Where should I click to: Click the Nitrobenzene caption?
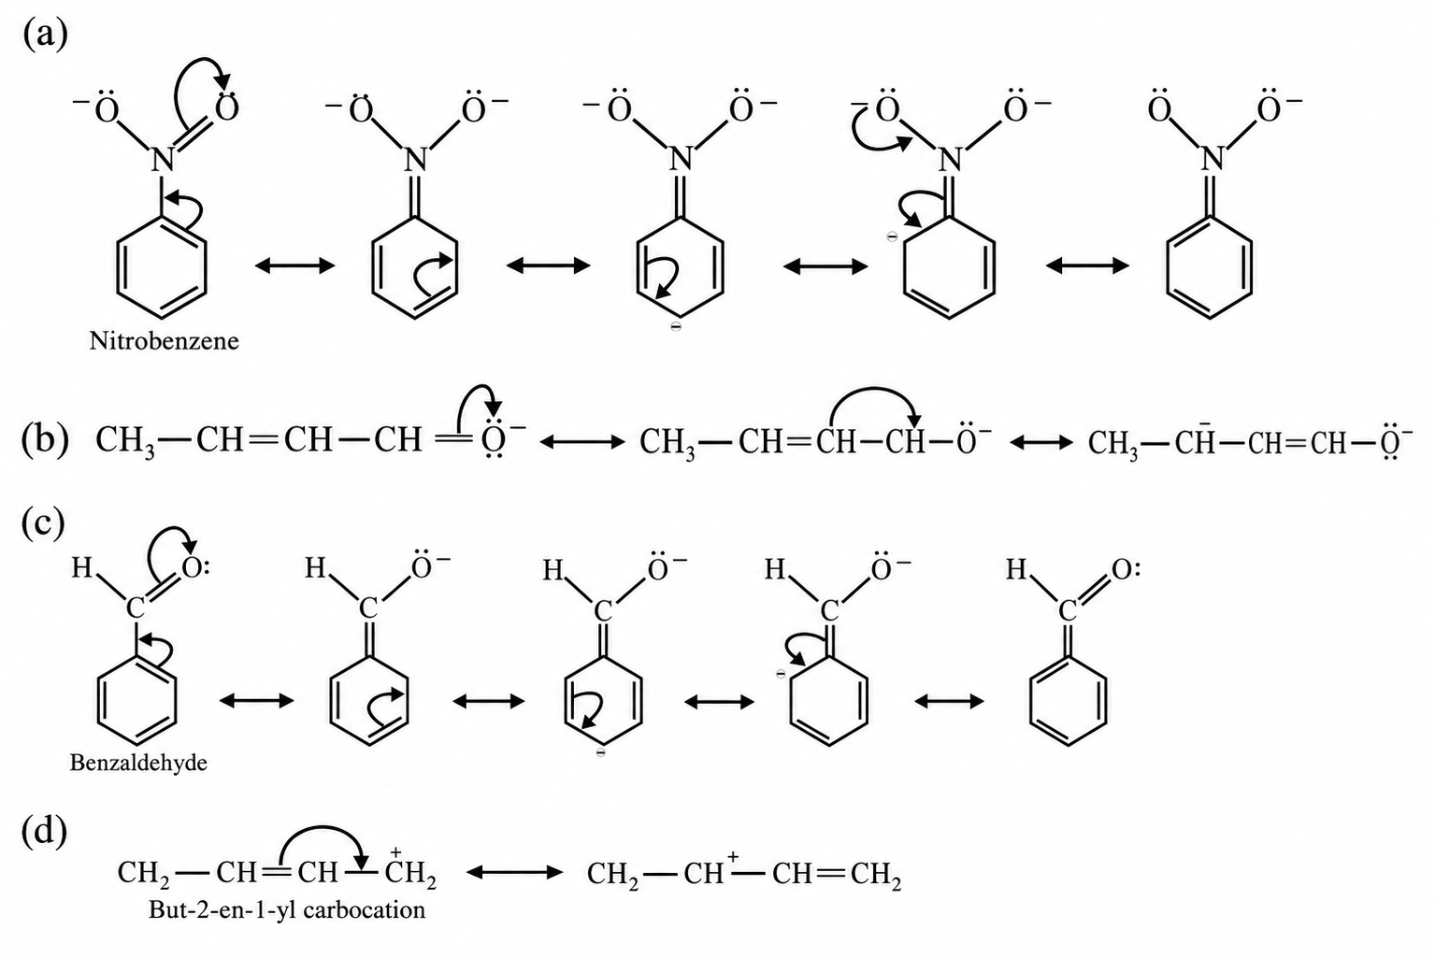click(x=164, y=341)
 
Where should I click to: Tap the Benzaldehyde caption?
click(x=138, y=763)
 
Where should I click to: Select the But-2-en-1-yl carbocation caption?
click(x=287, y=910)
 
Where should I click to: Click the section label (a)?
click(x=45, y=34)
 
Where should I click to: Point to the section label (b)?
click(x=45, y=440)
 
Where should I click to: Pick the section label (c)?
click(x=43, y=522)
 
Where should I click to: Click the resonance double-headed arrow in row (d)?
click(x=514, y=872)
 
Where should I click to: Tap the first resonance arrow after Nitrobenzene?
click(x=294, y=265)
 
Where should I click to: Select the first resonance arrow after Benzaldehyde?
click(x=256, y=701)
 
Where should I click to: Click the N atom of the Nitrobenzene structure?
click(x=163, y=159)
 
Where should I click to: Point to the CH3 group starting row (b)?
click(x=125, y=441)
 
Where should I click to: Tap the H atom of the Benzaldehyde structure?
click(x=82, y=567)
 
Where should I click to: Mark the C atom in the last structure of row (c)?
click(x=1066, y=610)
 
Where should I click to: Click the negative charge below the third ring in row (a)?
click(x=675, y=327)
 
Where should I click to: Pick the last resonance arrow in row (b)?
click(x=1041, y=442)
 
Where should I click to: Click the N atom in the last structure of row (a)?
click(x=1211, y=159)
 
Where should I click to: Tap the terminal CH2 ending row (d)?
click(x=876, y=874)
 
